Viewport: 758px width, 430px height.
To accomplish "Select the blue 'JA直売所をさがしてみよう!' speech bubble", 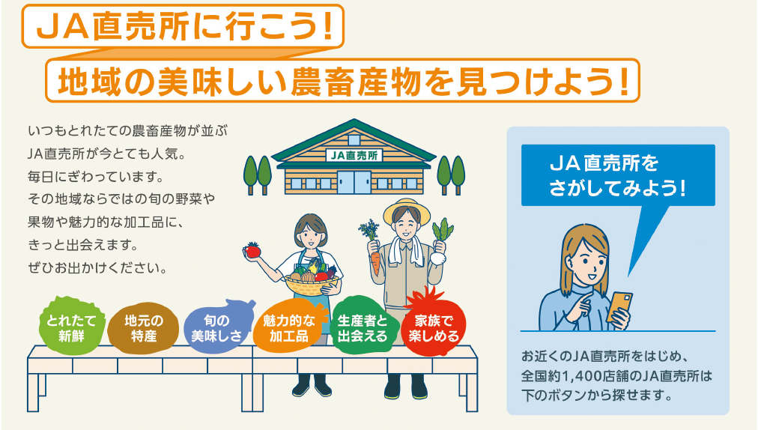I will [618, 175].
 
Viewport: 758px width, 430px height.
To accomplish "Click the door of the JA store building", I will [353, 181].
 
